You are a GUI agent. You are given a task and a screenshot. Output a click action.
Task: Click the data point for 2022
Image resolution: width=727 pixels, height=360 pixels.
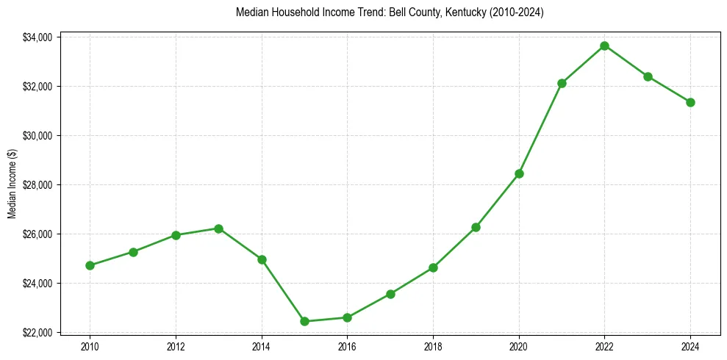(x=604, y=46)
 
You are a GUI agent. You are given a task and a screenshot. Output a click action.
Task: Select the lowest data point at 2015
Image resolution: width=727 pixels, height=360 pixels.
(x=304, y=321)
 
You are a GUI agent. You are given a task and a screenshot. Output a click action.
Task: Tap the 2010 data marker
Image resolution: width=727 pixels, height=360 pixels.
(x=90, y=265)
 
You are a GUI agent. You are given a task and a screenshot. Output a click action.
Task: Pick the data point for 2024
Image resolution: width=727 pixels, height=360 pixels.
(x=690, y=102)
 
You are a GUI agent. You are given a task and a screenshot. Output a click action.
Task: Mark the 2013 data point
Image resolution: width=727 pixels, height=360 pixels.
(x=218, y=228)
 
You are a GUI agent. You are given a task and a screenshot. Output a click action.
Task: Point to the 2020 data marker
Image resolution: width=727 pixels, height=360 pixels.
(x=519, y=173)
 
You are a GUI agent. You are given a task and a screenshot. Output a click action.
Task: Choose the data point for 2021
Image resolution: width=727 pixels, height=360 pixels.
(x=562, y=83)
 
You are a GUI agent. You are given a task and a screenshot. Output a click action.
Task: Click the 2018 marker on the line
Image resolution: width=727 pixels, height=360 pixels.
(x=433, y=267)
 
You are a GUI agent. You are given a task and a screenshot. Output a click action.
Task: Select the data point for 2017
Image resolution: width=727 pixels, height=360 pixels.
(x=390, y=294)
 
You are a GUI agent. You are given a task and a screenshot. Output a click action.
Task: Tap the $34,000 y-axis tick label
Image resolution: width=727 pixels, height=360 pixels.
(x=37, y=37)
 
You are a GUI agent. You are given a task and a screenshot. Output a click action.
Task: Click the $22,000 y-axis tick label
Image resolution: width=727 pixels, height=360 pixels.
(x=37, y=333)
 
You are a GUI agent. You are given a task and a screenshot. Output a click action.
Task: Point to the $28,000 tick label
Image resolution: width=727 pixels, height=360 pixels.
(x=37, y=185)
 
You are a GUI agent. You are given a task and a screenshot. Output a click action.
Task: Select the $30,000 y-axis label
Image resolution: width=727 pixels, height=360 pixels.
(x=37, y=136)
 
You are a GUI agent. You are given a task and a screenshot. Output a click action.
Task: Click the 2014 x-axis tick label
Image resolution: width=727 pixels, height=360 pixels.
(x=261, y=345)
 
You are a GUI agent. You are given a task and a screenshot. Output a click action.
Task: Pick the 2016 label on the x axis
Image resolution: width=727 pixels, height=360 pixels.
(x=347, y=345)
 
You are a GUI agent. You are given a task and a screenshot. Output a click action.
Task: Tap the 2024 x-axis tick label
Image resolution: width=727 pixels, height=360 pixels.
(x=690, y=345)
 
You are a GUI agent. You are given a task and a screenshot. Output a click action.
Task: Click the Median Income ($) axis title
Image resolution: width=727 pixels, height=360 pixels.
(x=12, y=184)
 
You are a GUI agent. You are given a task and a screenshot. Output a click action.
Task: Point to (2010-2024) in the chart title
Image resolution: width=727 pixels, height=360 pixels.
(x=512, y=13)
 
